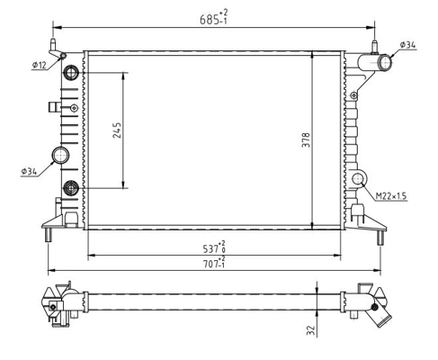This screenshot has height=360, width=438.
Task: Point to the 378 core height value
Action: click(x=306, y=139)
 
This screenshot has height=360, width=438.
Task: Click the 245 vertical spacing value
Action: click(x=117, y=130)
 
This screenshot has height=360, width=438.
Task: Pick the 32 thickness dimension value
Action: click(x=311, y=330)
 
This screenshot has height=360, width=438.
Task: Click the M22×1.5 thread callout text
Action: click(x=391, y=196)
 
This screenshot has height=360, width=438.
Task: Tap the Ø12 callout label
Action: click(x=40, y=65)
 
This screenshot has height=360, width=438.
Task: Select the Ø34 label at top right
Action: click(x=407, y=45)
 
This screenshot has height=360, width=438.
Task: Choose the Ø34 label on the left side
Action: click(x=29, y=171)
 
